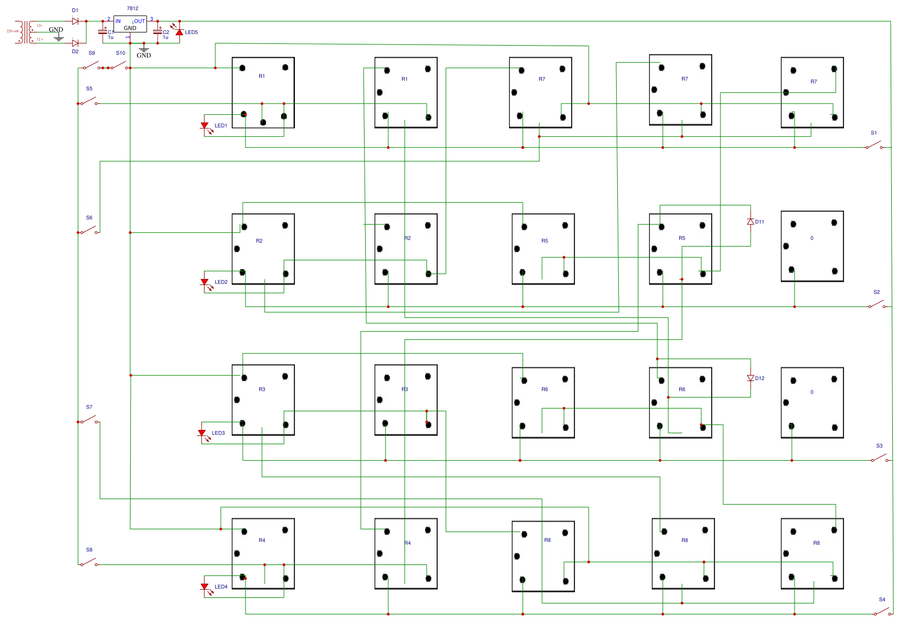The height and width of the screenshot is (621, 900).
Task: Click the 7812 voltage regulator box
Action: pos(130,24)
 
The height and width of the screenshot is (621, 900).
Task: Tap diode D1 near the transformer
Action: pos(75,21)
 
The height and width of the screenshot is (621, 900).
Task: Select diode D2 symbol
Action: pos(75,43)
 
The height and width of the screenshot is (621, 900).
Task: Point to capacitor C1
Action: pos(103,32)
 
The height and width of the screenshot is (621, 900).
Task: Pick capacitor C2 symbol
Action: pos(158,32)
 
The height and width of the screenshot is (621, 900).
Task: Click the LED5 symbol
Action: pos(179,32)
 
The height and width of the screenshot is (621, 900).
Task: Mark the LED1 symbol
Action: pos(204,126)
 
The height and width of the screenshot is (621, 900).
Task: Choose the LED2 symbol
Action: pos(204,282)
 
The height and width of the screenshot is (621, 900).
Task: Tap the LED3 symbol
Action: pos(202,433)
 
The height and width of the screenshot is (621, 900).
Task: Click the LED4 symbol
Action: pos(204,587)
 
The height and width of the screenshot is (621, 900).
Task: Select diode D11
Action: pos(751,222)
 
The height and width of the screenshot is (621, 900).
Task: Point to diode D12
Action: pos(751,378)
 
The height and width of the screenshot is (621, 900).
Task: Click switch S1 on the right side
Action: pos(874,146)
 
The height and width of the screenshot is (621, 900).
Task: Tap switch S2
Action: pos(876,305)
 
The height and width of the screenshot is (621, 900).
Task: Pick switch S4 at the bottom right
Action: pos(882,612)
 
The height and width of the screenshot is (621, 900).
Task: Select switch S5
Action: pos(88,102)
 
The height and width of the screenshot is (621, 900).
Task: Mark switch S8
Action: pos(88,563)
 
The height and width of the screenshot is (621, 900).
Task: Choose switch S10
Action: pos(119,66)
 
